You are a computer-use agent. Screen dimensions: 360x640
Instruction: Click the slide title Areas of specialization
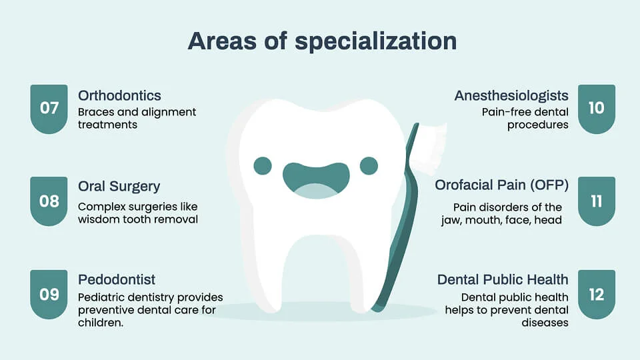322,41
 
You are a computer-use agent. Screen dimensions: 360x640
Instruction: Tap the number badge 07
49,108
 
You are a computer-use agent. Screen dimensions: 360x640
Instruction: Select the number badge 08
49,200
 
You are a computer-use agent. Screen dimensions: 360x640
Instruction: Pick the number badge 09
49,294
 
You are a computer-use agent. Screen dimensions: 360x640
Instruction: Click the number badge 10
596,108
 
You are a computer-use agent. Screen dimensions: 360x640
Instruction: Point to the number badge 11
596,200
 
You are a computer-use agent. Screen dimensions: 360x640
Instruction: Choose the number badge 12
596,294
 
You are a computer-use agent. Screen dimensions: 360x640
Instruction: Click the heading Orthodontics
119,95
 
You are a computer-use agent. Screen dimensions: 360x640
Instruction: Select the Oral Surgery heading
119,187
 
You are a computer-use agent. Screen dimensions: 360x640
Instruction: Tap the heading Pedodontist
117,279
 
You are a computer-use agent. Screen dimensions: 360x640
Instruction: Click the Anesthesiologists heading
511,95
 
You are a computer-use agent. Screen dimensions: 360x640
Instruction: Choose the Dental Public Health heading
503,279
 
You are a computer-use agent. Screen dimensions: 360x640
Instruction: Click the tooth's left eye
263,165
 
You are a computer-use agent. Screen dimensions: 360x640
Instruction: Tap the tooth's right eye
369,165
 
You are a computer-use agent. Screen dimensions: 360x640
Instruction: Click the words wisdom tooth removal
138,219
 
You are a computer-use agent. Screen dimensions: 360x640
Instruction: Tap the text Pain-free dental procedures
525,119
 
